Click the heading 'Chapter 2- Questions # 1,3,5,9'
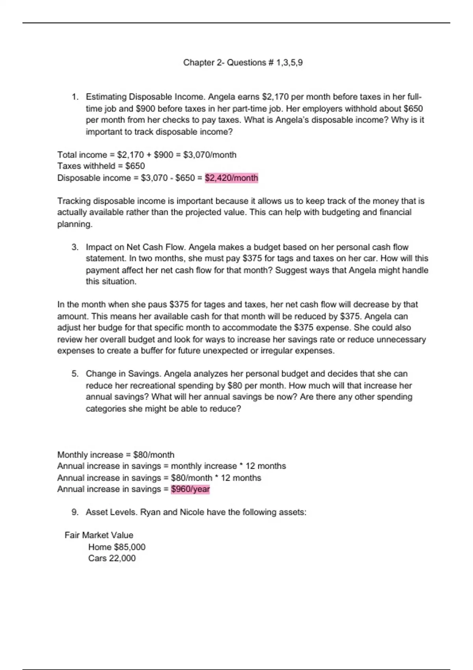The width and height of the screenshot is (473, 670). (243, 63)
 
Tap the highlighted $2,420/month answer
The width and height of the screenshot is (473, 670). (231, 178)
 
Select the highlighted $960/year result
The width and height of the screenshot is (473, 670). (190, 489)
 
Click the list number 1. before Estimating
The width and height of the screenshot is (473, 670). (75, 97)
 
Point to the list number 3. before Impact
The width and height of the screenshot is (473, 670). (75, 248)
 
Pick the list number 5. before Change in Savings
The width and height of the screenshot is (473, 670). (75, 374)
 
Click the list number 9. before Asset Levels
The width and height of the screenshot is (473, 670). (75, 512)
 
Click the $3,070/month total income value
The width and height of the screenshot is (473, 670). (210, 155)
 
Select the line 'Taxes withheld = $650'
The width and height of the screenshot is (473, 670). (101, 166)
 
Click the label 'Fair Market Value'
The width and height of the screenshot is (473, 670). (99, 535)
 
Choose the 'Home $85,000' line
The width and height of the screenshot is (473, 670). (117, 547)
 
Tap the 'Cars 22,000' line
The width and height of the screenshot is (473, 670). (112, 558)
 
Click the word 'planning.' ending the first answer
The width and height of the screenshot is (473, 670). (75, 224)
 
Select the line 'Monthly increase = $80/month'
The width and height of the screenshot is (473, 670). (116, 455)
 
